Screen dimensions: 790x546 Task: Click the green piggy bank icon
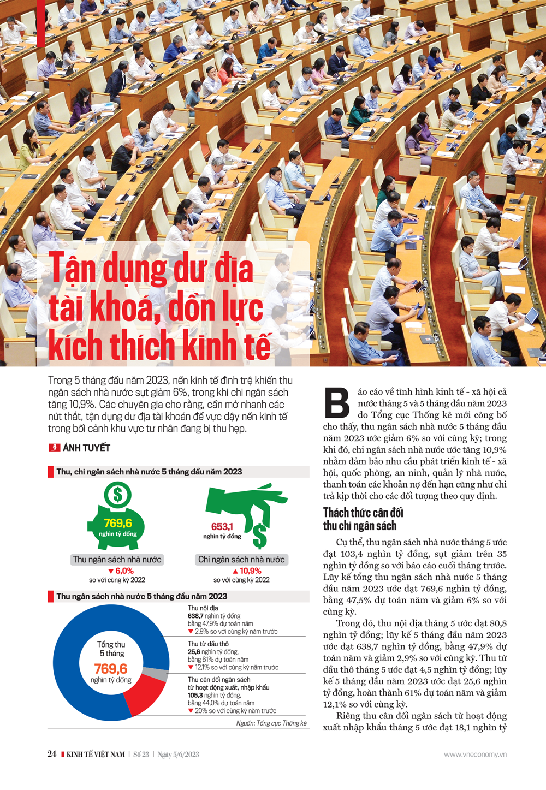116,519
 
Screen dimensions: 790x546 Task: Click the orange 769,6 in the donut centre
111,668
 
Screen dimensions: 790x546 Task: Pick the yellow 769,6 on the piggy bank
118,523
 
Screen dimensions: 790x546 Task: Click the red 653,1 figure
222,526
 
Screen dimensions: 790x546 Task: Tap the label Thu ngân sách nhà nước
117,560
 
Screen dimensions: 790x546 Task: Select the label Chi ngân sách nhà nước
241,560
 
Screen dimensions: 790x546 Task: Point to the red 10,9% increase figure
247,571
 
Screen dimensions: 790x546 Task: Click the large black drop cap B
336,403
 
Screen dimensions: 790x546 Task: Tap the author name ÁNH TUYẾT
86,448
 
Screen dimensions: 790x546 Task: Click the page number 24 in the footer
52,754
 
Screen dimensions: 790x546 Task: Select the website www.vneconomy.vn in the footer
475,755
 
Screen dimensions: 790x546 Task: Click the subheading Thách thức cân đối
363,513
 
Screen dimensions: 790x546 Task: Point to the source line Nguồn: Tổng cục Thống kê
271,723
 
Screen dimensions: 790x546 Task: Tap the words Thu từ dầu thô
208,644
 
